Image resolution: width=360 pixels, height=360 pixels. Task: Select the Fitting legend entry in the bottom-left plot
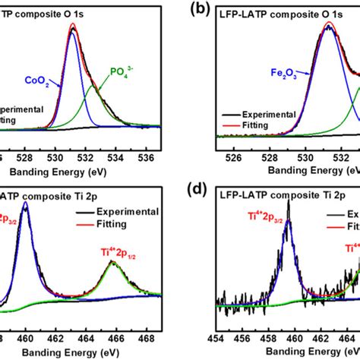point(114,223)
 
